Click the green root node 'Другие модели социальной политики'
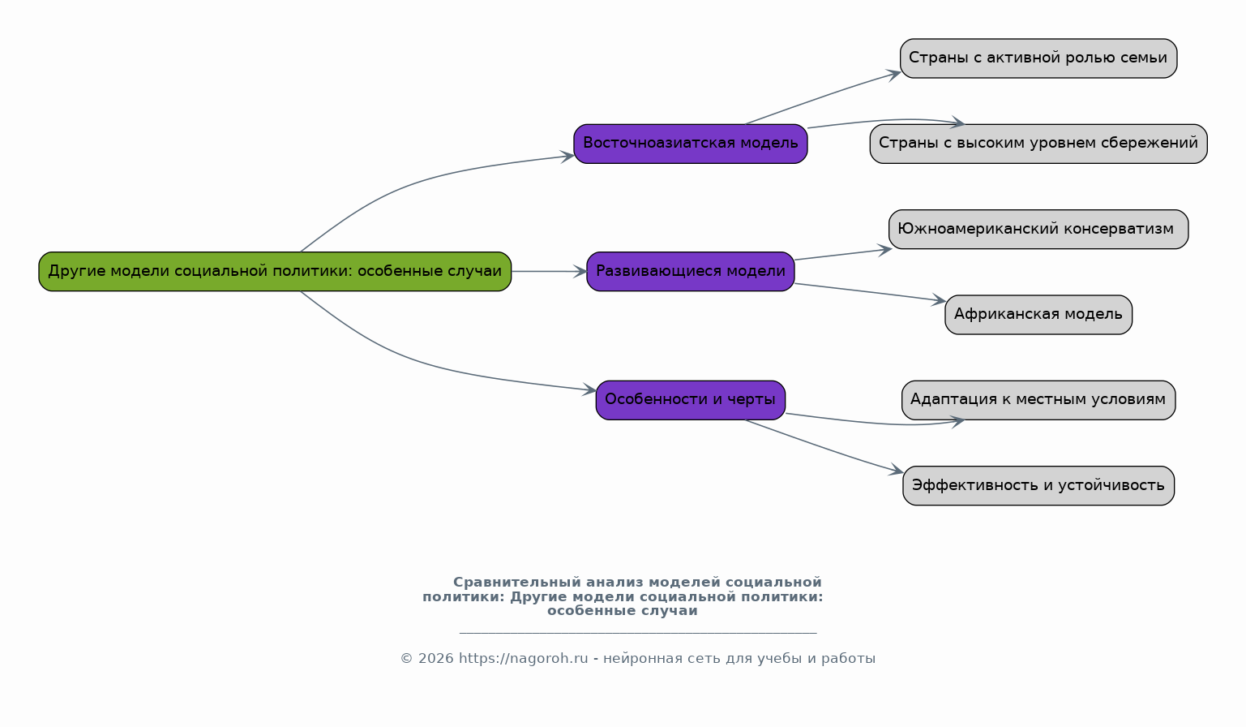[x=275, y=271]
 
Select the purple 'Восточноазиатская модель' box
[x=690, y=144]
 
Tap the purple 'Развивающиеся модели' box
[x=690, y=271]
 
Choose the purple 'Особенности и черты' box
[x=690, y=399]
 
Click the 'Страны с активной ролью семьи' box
[x=1038, y=58]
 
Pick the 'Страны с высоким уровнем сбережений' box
[x=1038, y=144]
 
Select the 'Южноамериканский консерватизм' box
[x=1038, y=229]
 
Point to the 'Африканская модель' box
[x=1038, y=314]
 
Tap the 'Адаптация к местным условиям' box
[x=1038, y=399]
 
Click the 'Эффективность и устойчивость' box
[x=1038, y=485]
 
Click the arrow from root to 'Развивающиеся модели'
[x=548, y=271]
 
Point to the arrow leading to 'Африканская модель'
[x=867, y=292]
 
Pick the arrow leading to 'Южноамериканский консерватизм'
[x=843, y=254]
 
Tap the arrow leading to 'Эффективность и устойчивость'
[x=823, y=446]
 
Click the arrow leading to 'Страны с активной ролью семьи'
[x=823, y=97]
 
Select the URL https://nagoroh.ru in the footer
[x=523, y=659]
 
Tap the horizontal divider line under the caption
[x=637, y=633]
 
